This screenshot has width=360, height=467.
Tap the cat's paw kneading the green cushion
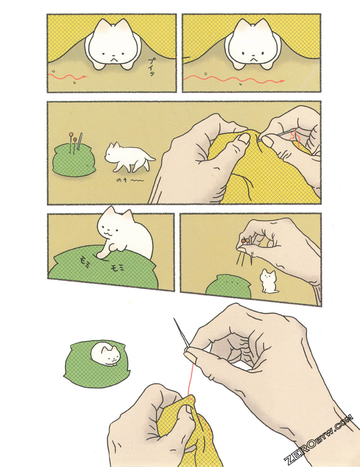(x=101, y=255)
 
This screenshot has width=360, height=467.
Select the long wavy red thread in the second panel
(x=234, y=80)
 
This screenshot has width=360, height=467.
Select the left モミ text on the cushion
(x=85, y=260)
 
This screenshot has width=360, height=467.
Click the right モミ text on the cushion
(x=117, y=268)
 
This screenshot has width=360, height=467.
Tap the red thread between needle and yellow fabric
(x=190, y=378)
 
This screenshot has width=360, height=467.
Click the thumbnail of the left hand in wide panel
(x=244, y=138)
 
